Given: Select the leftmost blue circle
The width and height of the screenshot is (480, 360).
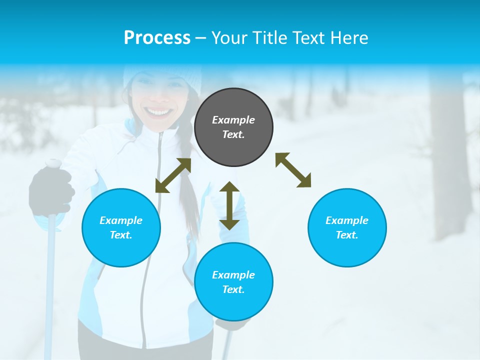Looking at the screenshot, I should [x=121, y=227].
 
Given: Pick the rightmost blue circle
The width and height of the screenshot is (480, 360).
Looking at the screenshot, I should [x=347, y=227].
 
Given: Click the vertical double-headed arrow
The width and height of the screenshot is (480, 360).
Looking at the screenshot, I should [x=229, y=205].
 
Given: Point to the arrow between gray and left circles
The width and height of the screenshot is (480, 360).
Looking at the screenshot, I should [x=173, y=175].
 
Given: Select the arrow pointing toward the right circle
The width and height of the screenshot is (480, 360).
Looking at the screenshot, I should [x=293, y=170].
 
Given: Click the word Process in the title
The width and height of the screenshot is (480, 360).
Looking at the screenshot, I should [x=157, y=37].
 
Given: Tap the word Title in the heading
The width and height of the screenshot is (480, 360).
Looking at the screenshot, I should [x=270, y=37].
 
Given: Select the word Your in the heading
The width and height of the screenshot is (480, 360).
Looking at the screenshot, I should [x=230, y=37].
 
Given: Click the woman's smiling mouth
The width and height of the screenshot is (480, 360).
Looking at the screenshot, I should [x=158, y=111].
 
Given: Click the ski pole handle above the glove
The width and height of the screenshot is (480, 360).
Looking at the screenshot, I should [x=53, y=163].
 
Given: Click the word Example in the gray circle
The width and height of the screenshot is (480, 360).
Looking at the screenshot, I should [x=233, y=120].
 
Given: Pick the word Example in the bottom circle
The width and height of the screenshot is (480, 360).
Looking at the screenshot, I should [x=233, y=275].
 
